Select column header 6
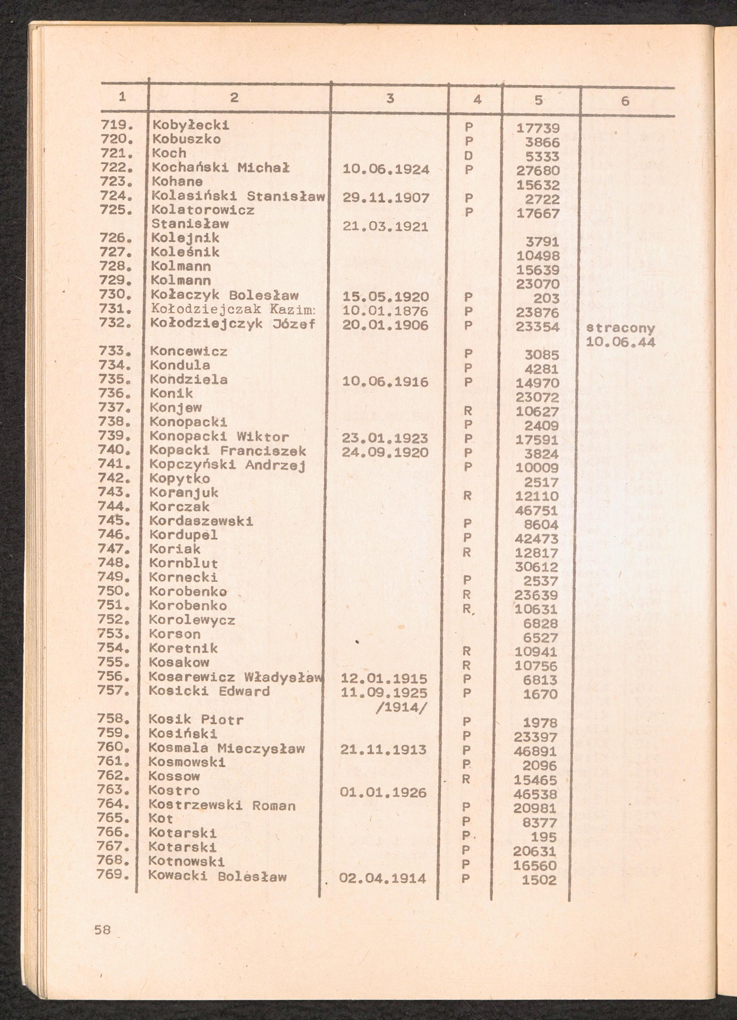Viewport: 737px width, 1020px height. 625,101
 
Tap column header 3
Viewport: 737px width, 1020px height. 390,98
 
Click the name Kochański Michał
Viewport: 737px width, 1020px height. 220,168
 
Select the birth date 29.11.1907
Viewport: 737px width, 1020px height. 386,198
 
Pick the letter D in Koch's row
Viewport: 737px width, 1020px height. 468,156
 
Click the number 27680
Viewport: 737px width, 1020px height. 538,170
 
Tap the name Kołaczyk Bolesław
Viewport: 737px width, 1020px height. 225,296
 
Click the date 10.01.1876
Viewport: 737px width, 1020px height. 385,311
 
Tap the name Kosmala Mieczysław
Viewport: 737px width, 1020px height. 227,749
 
